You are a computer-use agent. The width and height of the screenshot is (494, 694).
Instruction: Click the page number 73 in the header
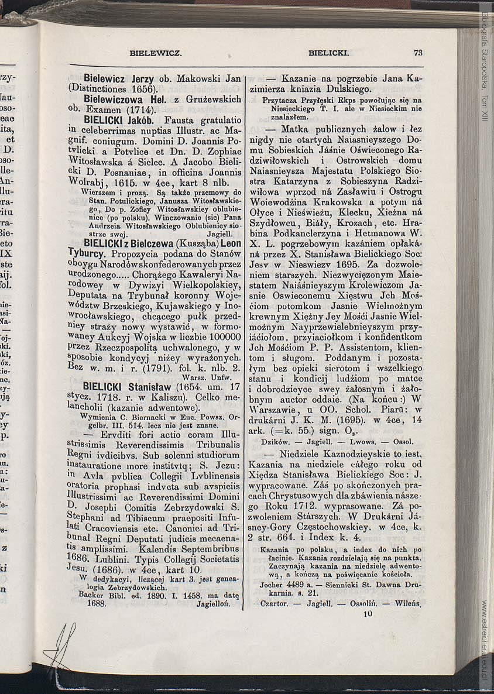tap(418, 52)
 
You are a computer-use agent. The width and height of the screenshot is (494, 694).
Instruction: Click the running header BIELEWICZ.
tap(156, 53)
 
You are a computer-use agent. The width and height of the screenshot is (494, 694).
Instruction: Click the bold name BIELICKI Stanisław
tap(126, 387)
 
